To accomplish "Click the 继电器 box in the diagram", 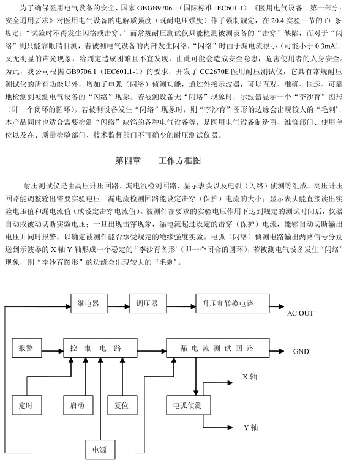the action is pos(89,303).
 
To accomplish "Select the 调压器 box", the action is pos(148,303).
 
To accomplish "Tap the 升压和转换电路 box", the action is pos(232,303).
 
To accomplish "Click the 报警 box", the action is pos(26,348).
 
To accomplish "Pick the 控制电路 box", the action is pos(100,348).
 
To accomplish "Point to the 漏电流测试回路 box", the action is pos(218,348).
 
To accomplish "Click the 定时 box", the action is pos(26,405).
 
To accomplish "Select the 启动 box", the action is pos(78,405).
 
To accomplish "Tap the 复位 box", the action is pos(122,405).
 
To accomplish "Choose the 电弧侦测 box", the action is pos(189,405).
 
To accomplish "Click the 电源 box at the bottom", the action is pos(100,450).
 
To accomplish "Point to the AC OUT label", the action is pos(301,313).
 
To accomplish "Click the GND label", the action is pos(301,351).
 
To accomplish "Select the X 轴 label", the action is pos(250,377).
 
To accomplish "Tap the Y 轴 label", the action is pos(251,428).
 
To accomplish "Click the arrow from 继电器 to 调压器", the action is pos(119,306).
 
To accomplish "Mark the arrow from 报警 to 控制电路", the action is pos(52,351).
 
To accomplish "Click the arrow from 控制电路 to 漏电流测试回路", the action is pos(152,351).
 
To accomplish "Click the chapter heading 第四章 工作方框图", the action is pos(158,160).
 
